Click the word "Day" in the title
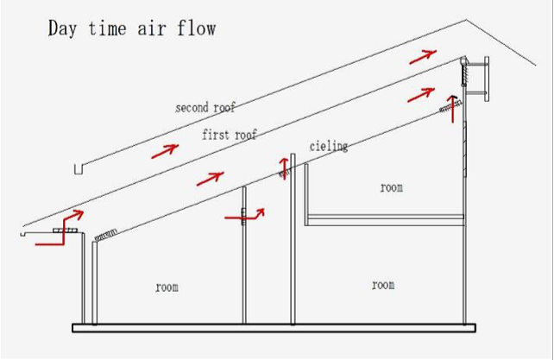pyautogui.click(x=62, y=28)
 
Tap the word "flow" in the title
pyautogui.click(x=197, y=28)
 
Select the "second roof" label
pyautogui.click(x=205, y=108)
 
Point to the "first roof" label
pyautogui.click(x=230, y=135)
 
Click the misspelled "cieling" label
pyautogui.click(x=329, y=147)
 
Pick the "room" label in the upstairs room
pyautogui.click(x=392, y=187)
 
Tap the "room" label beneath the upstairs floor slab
pyautogui.click(x=383, y=285)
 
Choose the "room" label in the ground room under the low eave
pyautogui.click(x=167, y=287)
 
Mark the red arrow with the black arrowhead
pyautogui.click(x=452, y=108)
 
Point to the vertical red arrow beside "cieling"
pyautogui.click(x=284, y=168)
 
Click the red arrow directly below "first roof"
pyautogui.click(x=211, y=179)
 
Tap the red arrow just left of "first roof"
pyautogui.click(x=165, y=151)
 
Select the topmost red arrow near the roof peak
pyautogui.click(x=423, y=57)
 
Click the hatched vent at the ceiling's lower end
pyautogui.click(x=105, y=235)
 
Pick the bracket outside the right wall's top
pyautogui.click(x=478, y=79)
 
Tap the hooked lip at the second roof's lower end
pyautogui.click(x=79, y=169)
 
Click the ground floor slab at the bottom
pyautogui.click(x=274, y=328)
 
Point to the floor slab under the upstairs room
pyautogui.click(x=385, y=219)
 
